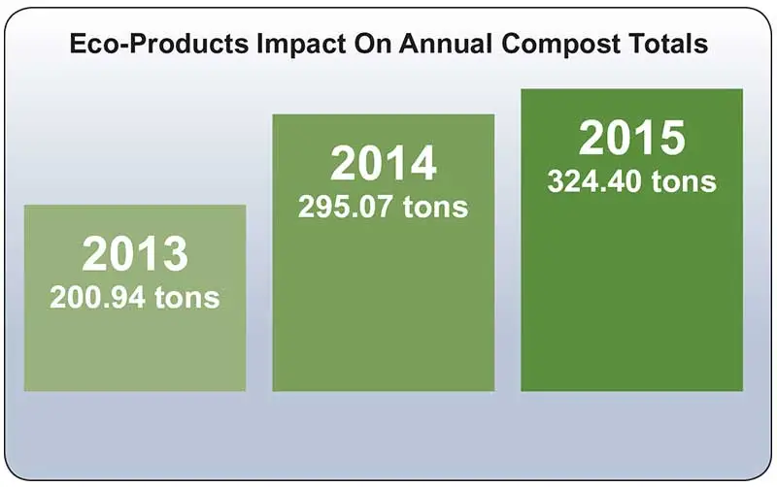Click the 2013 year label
point(135,254)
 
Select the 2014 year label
point(384,164)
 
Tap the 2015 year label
point(632,139)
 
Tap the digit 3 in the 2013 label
point(174,254)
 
